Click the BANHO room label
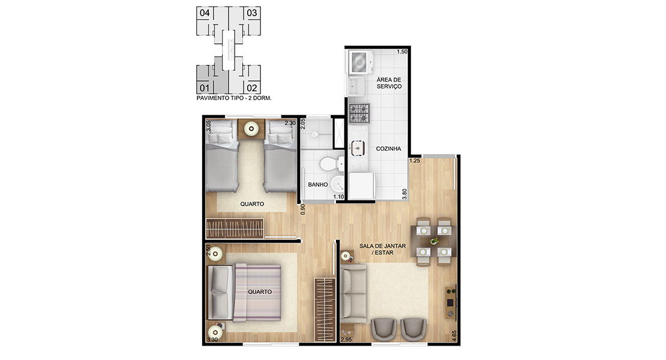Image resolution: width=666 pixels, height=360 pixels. point(318,185)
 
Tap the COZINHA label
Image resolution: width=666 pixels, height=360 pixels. point(388,149)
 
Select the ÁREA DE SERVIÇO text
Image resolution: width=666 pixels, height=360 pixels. point(389,83)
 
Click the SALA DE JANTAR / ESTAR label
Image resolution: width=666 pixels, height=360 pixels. point(382,249)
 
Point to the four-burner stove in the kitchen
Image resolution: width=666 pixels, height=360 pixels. point(359,113)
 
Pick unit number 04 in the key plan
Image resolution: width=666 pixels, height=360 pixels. point(205,13)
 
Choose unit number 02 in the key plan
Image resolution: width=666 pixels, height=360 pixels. point(252,88)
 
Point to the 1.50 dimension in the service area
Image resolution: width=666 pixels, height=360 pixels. point(402,52)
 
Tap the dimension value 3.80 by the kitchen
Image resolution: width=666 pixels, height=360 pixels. point(404,194)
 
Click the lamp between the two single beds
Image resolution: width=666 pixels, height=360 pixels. point(251,128)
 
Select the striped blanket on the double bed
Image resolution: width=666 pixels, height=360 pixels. point(258,293)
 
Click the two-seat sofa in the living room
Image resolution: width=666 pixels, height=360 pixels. point(353,293)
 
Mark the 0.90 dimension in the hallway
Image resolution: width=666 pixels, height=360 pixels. point(303,209)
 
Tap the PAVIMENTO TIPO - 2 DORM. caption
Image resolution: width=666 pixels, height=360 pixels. point(233,98)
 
